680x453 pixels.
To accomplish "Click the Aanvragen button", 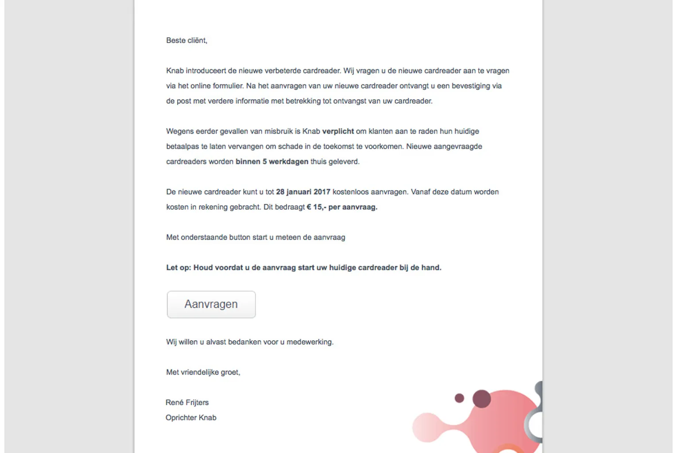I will click(211, 304).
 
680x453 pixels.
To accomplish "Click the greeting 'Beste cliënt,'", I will click(186, 40).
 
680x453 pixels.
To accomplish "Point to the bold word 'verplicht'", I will click(338, 131).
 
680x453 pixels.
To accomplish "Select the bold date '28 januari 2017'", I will click(303, 192).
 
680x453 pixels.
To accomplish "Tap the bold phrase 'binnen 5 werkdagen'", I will click(272, 161).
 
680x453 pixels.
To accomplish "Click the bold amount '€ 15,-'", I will click(316, 207).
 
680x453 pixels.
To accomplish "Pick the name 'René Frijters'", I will click(187, 403).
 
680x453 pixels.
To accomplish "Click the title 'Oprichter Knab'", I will click(191, 418).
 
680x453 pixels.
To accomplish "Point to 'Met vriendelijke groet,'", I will click(203, 372).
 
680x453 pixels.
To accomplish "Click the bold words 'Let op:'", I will click(178, 268).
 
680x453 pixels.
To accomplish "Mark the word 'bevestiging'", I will click(471, 86).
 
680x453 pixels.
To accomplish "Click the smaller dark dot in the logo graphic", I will click(460, 398).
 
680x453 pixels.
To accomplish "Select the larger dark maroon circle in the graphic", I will click(482, 399).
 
